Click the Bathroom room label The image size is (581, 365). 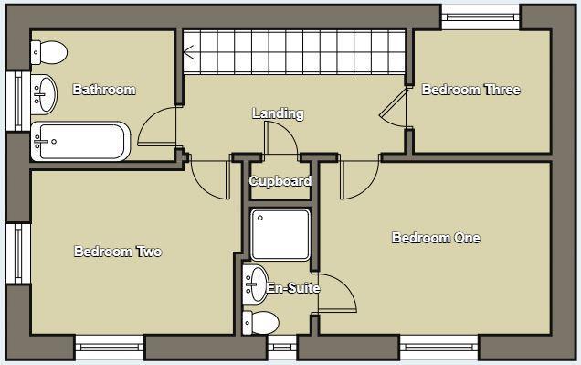104,90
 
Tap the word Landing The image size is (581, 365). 278,113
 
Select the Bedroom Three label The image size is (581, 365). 470,90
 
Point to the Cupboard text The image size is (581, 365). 280,181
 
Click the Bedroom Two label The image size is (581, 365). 118,252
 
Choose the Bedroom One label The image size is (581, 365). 436,238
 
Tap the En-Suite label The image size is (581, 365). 292,288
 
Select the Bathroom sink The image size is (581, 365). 43,91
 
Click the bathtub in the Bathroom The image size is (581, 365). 80,141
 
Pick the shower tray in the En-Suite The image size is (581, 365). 280,235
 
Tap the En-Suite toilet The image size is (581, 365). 261,322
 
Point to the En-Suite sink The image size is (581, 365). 255,284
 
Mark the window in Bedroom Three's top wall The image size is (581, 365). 481,15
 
